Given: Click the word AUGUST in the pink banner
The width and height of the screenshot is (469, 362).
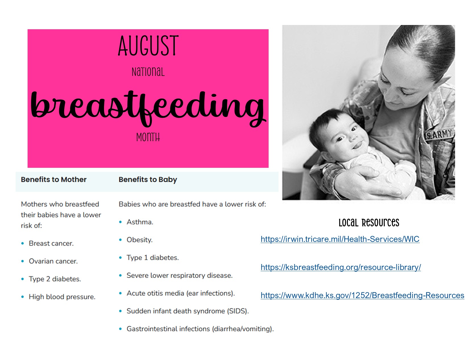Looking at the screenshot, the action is tap(148, 45).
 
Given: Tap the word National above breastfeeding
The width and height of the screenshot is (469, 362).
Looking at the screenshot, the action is tap(148, 72).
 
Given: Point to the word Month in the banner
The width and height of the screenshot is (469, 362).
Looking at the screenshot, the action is tap(148, 137).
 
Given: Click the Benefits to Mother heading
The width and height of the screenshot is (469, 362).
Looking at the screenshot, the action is tap(53, 179).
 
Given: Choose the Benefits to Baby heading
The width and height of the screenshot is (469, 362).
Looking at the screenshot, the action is tap(148, 180).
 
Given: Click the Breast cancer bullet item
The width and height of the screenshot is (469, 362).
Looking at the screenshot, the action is tap(51, 243).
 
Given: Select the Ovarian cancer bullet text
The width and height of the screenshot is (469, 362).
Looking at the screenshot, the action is tap(53, 261).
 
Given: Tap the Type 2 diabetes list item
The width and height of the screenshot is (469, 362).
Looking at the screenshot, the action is tap(55, 279).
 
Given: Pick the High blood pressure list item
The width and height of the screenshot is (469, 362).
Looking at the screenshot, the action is tap(62, 297).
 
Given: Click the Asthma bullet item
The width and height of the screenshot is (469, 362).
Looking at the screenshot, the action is tap(140, 222).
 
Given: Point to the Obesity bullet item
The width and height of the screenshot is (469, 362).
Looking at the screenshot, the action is tap(140, 240).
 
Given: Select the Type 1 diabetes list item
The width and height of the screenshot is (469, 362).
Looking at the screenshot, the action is tap(153, 258).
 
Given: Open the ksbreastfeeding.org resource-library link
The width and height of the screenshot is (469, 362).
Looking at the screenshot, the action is tap(341, 267).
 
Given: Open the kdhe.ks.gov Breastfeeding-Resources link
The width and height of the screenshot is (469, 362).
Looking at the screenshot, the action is tap(362, 295).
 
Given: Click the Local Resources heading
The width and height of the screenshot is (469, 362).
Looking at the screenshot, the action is tap(369, 223).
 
